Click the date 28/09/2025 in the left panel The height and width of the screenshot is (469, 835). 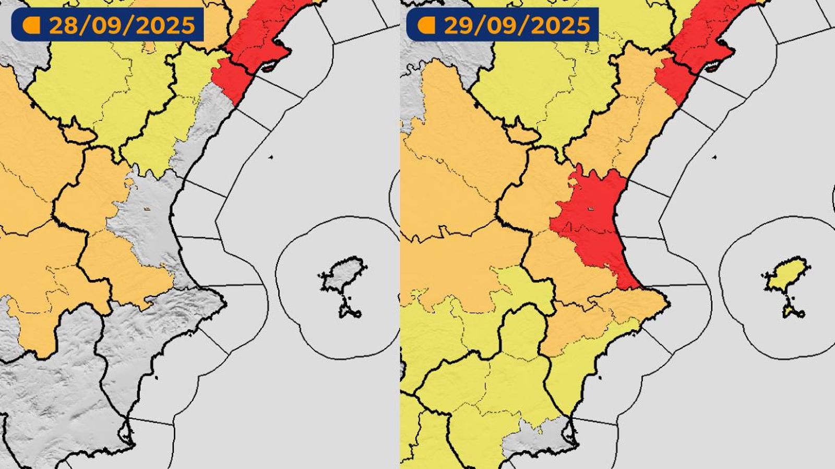(x=122, y=25)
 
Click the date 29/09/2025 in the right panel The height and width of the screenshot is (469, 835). (x=517, y=25)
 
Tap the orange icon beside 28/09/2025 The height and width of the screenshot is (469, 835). (x=32, y=25)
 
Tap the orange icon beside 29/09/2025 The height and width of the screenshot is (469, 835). (x=427, y=25)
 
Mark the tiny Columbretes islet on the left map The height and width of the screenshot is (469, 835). (x=270, y=157)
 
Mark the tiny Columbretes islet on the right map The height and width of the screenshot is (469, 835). (x=714, y=157)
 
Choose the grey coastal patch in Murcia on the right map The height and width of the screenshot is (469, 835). (x=543, y=435)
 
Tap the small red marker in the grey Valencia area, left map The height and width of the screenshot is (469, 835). (x=147, y=209)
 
